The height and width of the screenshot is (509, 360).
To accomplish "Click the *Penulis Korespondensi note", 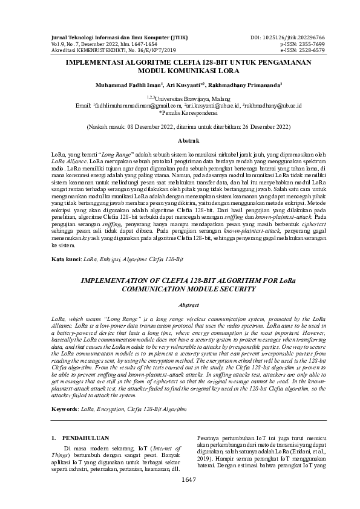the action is click(180, 112).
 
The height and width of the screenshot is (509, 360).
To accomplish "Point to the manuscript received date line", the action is click(180, 128).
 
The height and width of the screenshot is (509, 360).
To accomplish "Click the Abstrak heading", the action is click(180, 140).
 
